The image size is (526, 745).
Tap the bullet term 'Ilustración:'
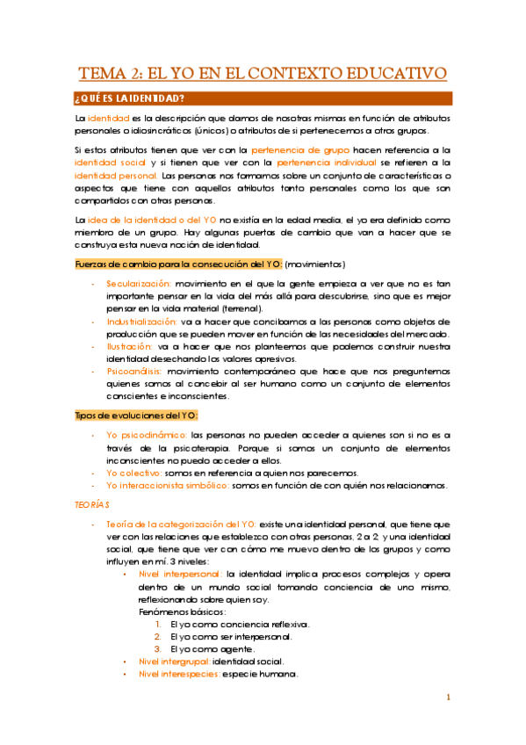coord(129,347)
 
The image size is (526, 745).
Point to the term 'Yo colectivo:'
coord(135,472)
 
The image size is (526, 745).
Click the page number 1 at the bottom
coord(447,698)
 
